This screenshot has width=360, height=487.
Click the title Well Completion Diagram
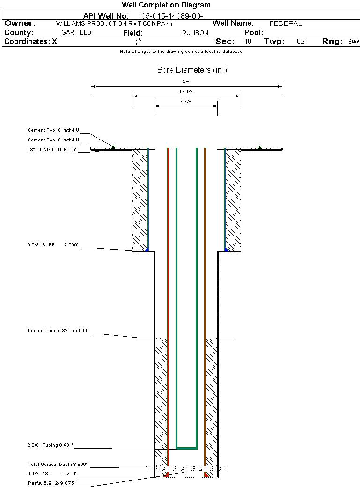[166, 5]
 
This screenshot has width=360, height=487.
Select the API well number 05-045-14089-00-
[172, 16]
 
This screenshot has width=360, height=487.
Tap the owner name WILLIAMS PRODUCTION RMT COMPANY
[114, 23]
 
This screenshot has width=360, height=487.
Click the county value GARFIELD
[76, 33]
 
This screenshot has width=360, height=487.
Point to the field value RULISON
[195, 33]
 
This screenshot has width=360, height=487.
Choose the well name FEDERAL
[286, 23]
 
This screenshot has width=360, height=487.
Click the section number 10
[248, 42]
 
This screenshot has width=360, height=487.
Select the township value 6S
[301, 42]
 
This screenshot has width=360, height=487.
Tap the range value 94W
[353, 42]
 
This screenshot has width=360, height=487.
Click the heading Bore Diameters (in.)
[192, 70]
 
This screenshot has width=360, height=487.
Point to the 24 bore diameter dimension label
[186, 81]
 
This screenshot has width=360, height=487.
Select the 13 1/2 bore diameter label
[186, 92]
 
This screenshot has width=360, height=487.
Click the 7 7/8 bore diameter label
[186, 102]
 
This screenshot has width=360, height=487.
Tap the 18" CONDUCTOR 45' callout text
[52, 150]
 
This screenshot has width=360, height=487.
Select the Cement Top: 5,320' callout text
[58, 331]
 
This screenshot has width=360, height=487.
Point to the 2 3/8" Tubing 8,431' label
[51, 445]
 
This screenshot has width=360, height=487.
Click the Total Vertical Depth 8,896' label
[58, 465]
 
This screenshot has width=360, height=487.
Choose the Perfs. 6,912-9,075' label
[51, 483]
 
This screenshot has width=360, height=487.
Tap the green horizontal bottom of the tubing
[186, 448]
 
